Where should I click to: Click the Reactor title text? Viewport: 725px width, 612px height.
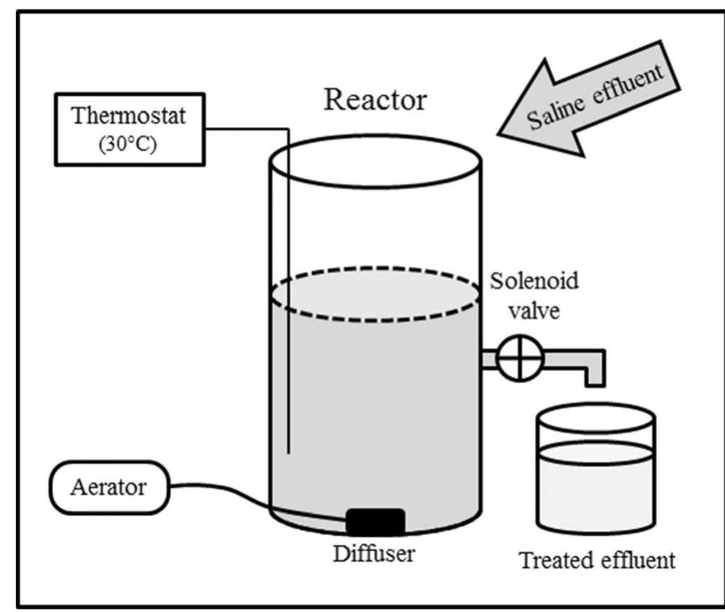point(375,100)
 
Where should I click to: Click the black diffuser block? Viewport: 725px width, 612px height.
point(375,523)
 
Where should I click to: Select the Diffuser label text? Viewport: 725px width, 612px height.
point(375,555)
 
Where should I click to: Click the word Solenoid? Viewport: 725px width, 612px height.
point(534,280)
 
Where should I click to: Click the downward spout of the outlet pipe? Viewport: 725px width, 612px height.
point(594,372)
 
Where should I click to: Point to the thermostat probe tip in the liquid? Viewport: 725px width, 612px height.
point(288,450)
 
